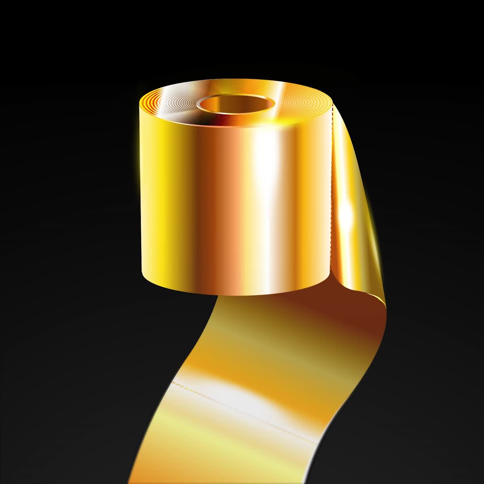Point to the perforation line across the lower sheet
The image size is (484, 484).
pyautogui.click(x=242, y=407)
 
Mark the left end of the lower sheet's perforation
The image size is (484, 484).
pyautogui.click(x=173, y=381)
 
